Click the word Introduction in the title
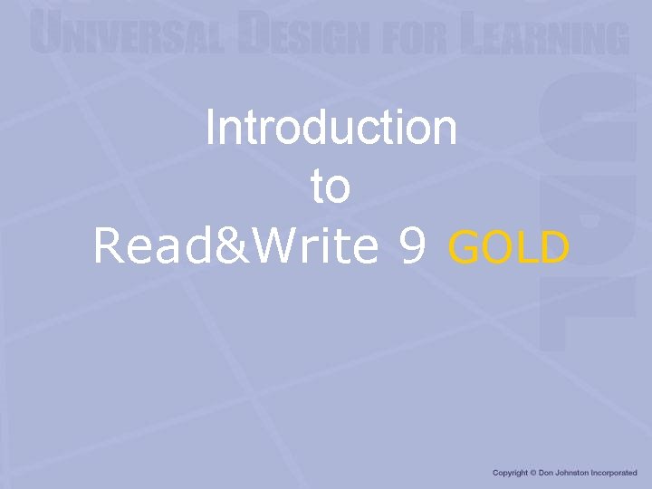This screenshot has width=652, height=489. click(x=331, y=128)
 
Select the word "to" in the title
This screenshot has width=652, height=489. click(x=330, y=187)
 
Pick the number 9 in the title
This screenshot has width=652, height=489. click(x=412, y=246)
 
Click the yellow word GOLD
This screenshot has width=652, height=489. click(x=509, y=247)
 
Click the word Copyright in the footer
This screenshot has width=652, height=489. click(x=510, y=473)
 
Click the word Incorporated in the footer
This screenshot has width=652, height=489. click(x=616, y=473)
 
